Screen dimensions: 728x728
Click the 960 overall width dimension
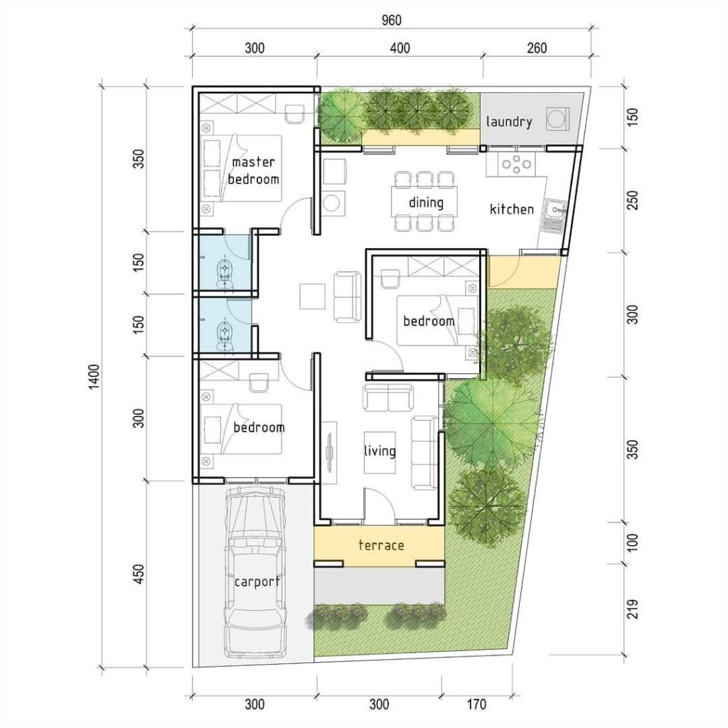[390, 19]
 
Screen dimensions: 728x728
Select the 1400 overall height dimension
[95, 377]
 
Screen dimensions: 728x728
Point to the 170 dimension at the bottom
[476, 705]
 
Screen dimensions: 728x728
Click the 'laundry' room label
[509, 122]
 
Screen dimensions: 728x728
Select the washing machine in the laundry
[558, 117]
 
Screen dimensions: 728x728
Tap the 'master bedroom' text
[254, 171]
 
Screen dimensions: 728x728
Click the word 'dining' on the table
[426, 203]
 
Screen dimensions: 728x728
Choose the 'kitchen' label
[512, 210]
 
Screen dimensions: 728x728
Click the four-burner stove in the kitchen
[517, 165]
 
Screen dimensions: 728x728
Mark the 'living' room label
[380, 451]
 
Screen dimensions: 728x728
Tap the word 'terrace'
[381, 545]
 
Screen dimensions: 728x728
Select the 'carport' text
[257, 582]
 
